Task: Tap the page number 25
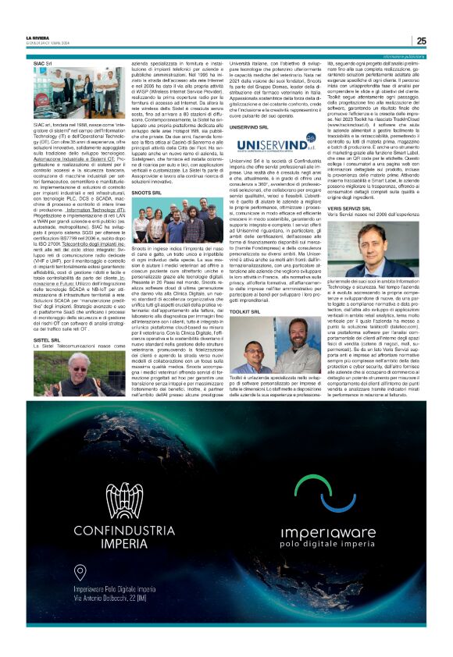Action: pyautogui.click(x=421, y=41)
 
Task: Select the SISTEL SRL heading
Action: pyautogui.click(x=47, y=340)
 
